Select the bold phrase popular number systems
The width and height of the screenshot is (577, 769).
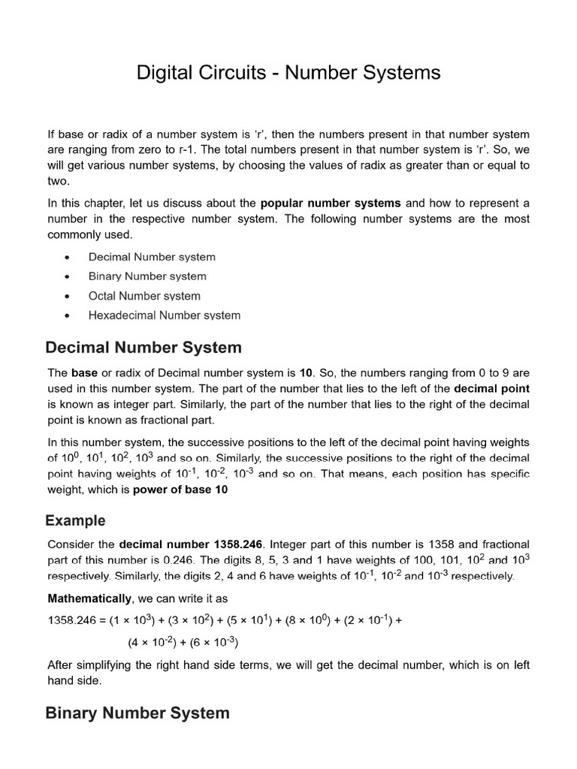pyautogui.click(x=331, y=203)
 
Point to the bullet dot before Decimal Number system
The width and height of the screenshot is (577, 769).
pyautogui.click(x=68, y=257)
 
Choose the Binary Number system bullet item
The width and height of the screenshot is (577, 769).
pyautogui.click(x=147, y=276)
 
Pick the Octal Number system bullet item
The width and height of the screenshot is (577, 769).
pyautogui.click(x=144, y=296)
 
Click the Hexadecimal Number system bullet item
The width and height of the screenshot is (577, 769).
pyautogui.click(x=165, y=315)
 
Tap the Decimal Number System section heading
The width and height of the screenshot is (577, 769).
pyautogui.click(x=143, y=348)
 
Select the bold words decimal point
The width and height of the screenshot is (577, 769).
pyautogui.click(x=492, y=388)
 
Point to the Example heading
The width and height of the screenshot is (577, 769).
pyautogui.click(x=76, y=520)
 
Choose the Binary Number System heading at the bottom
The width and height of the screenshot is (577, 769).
pyautogui.click(x=137, y=713)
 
